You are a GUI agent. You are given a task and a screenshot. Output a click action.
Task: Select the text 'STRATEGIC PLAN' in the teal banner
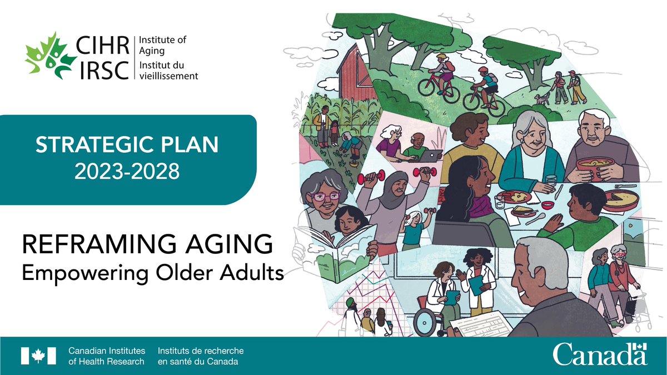tap(127, 146)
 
